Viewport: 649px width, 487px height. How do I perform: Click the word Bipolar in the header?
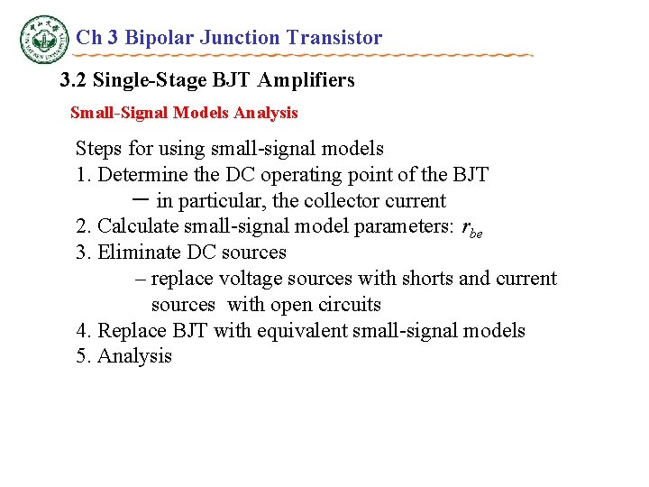tap(160, 38)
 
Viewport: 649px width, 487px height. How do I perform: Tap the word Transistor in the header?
tap(334, 38)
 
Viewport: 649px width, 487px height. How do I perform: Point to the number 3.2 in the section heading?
tap(74, 80)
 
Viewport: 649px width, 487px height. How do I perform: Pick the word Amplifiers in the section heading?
tap(306, 80)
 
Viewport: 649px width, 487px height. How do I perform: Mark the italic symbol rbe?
tap(471, 229)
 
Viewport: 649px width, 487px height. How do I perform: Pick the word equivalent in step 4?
tap(298, 331)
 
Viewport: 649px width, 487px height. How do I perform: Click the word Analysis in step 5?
tap(134, 357)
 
